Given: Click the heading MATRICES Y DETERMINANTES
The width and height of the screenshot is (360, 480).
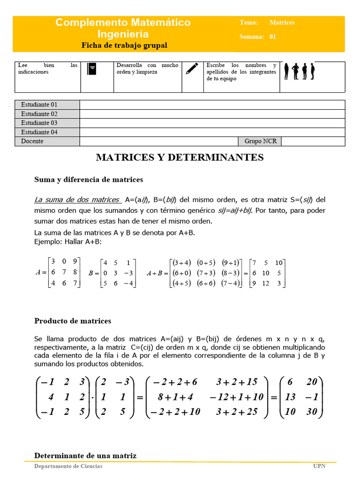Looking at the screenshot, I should (180, 157).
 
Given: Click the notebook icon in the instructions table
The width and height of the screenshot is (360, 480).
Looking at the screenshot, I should (92, 69).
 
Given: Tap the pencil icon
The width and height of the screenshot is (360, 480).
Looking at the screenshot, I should (191, 69).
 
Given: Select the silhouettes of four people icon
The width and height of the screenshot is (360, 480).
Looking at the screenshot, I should (303, 71).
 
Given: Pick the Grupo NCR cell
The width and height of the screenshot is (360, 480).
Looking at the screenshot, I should (260, 141).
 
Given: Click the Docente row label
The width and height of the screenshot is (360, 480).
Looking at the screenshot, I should (32, 141).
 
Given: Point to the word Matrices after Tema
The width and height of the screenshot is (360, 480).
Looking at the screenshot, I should (282, 22).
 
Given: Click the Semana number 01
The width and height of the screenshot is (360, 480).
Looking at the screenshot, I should (273, 37).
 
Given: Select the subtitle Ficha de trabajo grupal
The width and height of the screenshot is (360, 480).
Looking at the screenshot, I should (124, 45).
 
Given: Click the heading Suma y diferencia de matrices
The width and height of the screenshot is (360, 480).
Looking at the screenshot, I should (89, 180).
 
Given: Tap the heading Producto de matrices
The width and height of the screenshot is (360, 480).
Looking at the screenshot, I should (73, 321).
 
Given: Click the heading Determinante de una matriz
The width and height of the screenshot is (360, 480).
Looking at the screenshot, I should (85, 456).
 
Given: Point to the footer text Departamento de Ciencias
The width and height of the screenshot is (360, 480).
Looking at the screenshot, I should (68, 466).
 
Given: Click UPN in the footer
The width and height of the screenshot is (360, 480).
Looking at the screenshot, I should (319, 466).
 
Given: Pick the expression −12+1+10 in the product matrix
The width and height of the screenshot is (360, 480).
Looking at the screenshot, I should (237, 397).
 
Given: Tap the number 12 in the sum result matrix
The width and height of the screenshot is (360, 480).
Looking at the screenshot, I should (266, 283).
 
